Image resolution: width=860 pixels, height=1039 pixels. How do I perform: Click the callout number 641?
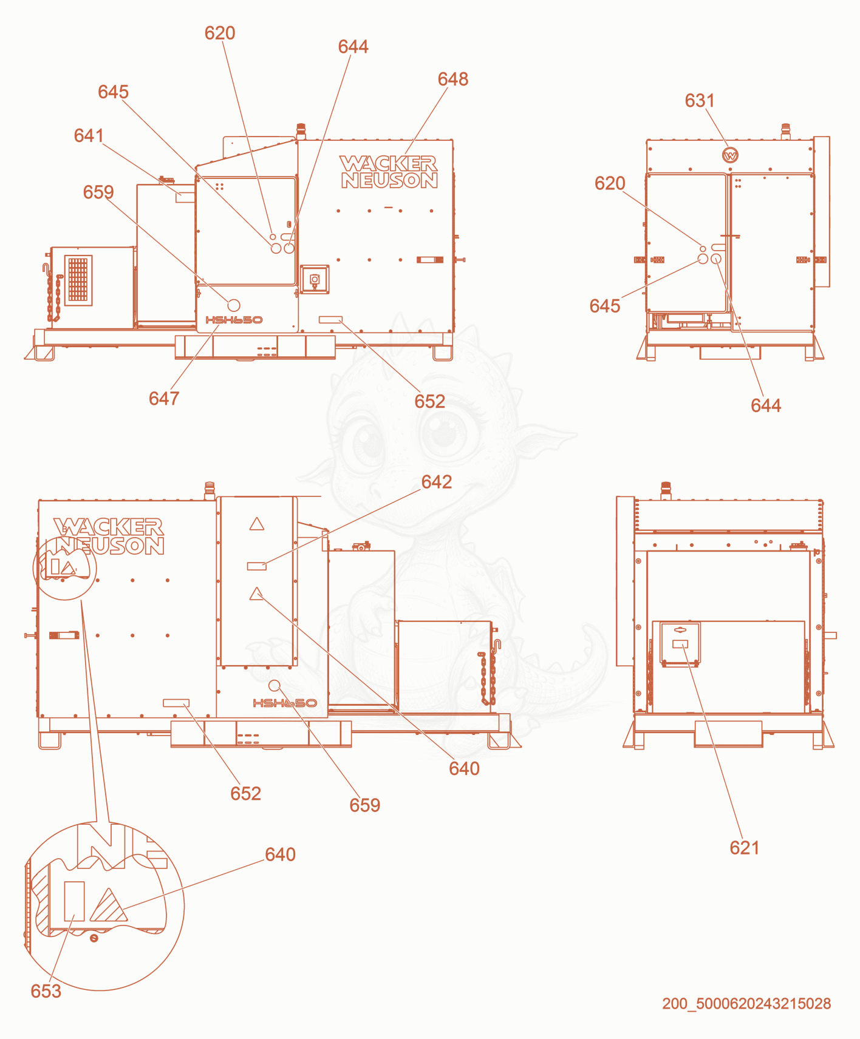(x=89, y=135)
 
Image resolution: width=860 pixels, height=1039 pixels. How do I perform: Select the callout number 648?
(x=453, y=79)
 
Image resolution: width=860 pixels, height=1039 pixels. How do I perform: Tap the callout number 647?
(x=164, y=398)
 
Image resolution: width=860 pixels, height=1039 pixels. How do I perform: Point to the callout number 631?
(x=700, y=100)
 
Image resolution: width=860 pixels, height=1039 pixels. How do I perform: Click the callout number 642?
(x=437, y=482)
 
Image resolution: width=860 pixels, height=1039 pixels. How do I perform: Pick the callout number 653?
(x=46, y=991)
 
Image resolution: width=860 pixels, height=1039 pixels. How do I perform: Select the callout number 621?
(x=745, y=848)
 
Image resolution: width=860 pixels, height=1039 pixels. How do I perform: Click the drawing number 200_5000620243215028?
(x=746, y=1004)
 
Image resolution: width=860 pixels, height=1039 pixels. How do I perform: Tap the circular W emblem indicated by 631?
(x=730, y=155)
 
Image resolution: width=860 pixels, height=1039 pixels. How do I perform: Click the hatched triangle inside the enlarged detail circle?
(x=108, y=908)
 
